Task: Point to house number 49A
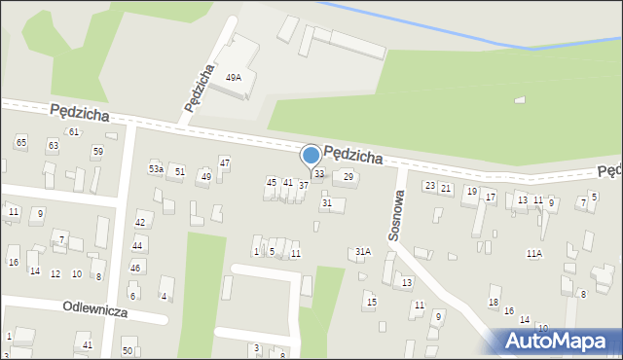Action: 234,77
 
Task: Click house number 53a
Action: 156,169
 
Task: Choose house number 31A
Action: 362,251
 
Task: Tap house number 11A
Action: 534,253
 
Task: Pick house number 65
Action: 21,143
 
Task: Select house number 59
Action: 97,151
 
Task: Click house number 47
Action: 225,162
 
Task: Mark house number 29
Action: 348,176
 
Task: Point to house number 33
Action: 319,173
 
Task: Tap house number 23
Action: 429,185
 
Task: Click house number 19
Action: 471,192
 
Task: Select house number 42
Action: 139,223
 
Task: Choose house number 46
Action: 135,268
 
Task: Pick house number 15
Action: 371,302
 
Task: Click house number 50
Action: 128,349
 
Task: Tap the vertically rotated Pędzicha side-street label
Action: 198,89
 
